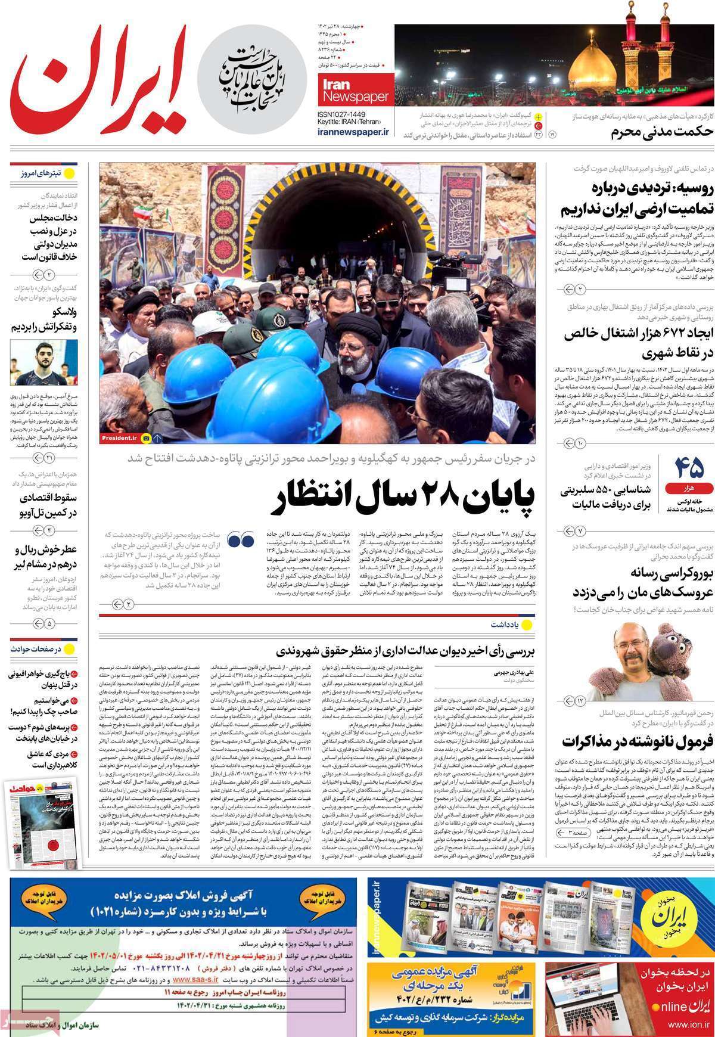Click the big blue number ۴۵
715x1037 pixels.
coord(689,466)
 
